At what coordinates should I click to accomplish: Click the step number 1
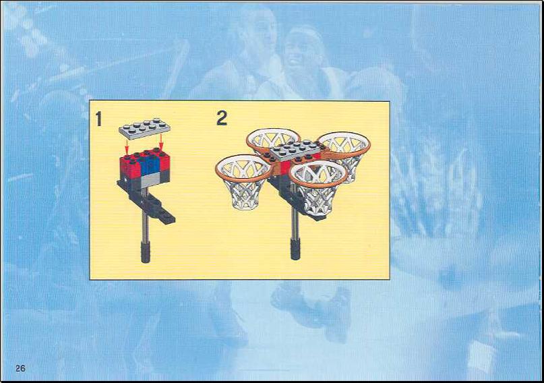click(99, 119)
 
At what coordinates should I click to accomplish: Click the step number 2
click(222, 118)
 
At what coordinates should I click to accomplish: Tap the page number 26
click(20, 368)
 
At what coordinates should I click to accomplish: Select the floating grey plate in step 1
click(144, 128)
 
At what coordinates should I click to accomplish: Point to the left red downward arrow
click(127, 147)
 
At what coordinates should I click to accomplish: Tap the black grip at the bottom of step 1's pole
click(146, 252)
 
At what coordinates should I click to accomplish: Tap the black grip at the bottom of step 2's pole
click(295, 248)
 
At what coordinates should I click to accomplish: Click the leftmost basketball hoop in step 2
click(243, 182)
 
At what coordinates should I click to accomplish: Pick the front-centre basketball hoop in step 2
click(318, 187)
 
